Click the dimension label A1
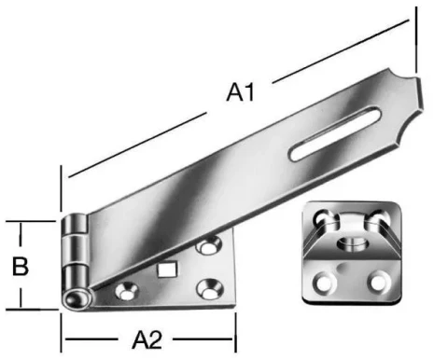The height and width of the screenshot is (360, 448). [241, 92]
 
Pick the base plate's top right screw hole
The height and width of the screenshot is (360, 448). [207, 248]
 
